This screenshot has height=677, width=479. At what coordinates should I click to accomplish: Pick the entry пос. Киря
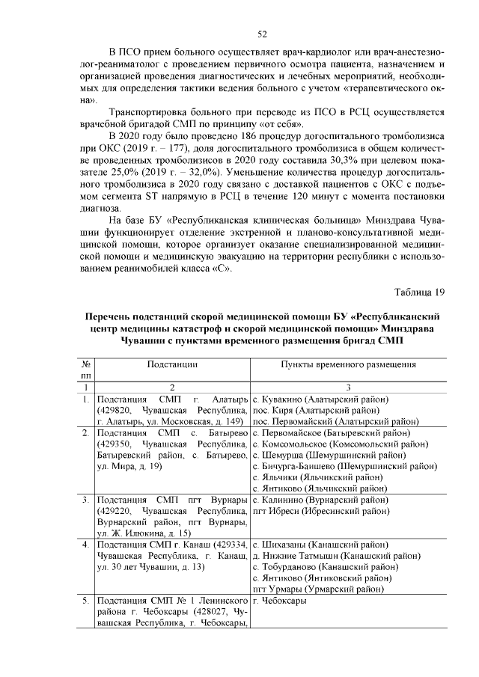tap(272, 411)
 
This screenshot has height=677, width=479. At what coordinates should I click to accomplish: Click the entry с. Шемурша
tap(278, 455)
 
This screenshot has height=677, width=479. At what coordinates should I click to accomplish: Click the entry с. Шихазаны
tap(280, 544)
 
